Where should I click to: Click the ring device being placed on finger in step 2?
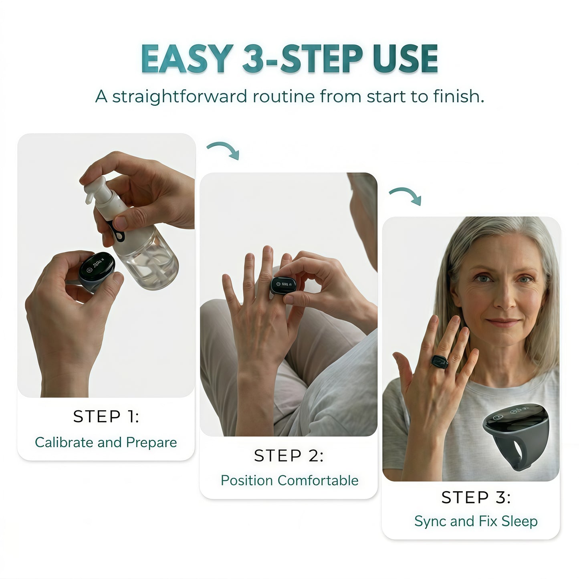283,284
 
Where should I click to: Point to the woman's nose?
505,297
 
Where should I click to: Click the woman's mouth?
503,323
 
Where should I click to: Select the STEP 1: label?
106,416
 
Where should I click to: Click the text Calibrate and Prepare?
106,442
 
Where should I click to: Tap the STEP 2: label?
288,456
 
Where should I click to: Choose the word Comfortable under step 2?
318,480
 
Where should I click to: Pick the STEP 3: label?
476,497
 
